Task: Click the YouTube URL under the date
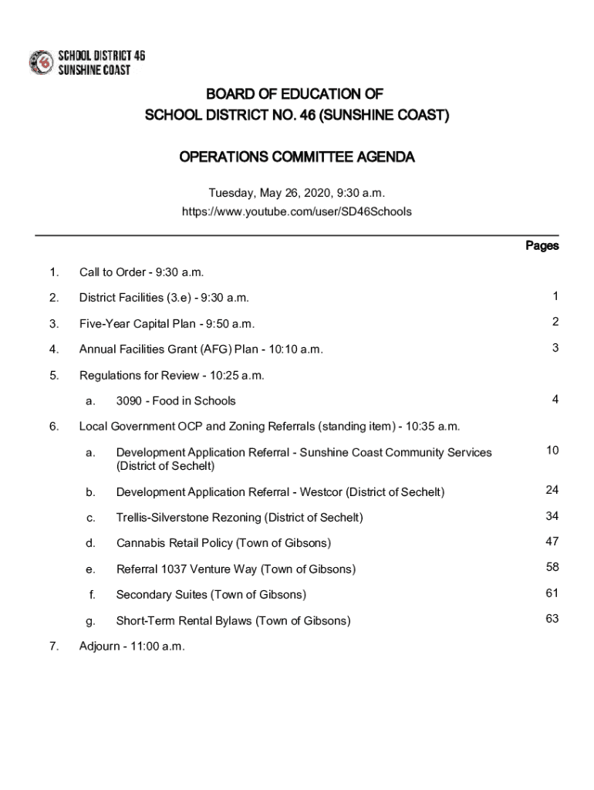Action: click(x=297, y=211)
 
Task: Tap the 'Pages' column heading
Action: click(x=542, y=246)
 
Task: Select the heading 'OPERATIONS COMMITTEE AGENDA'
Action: click(x=297, y=158)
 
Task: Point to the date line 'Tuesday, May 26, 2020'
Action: click(x=297, y=192)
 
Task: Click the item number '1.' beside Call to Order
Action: click(x=53, y=272)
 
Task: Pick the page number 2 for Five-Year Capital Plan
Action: click(x=555, y=322)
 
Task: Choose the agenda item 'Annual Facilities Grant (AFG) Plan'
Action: click(x=201, y=349)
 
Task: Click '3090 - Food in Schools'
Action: click(x=176, y=400)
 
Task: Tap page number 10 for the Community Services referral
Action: click(x=552, y=450)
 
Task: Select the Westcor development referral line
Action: click(x=280, y=492)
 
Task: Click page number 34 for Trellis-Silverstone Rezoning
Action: click(x=552, y=515)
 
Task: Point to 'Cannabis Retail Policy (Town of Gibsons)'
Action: click(x=224, y=543)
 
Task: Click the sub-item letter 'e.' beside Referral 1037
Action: click(x=90, y=569)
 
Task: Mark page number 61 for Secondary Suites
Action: click(x=552, y=592)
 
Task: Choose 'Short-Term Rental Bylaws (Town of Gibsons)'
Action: click(x=233, y=621)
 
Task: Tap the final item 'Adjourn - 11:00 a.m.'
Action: click(x=132, y=647)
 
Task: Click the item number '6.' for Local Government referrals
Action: click(x=53, y=427)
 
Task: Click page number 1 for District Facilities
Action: click(x=555, y=296)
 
